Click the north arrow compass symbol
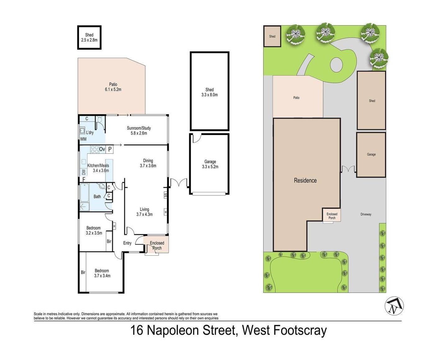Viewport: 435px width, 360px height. (x=394, y=306)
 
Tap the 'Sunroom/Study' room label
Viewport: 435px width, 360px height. (x=139, y=128)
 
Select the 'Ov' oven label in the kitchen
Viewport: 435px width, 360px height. (x=102, y=149)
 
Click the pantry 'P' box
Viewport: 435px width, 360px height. (x=110, y=149)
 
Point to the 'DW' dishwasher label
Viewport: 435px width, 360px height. (x=84, y=172)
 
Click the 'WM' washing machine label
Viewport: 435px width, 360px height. (x=83, y=139)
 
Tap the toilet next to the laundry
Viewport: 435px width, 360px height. (x=99, y=120)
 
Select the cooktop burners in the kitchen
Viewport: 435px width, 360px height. (x=94, y=149)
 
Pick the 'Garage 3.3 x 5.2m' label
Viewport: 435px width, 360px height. (x=210, y=164)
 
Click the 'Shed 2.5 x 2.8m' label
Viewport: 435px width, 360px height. (x=89, y=38)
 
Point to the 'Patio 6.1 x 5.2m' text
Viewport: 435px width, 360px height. (x=113, y=87)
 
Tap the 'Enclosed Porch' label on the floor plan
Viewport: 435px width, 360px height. (x=157, y=245)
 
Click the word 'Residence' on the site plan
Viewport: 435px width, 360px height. (x=305, y=180)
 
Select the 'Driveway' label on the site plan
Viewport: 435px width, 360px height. (x=366, y=214)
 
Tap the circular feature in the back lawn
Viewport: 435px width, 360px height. (x=336, y=65)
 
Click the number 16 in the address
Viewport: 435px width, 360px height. (x=137, y=330)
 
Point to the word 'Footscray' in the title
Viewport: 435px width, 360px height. (x=300, y=330)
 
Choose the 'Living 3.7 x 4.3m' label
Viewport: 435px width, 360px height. (x=144, y=212)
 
